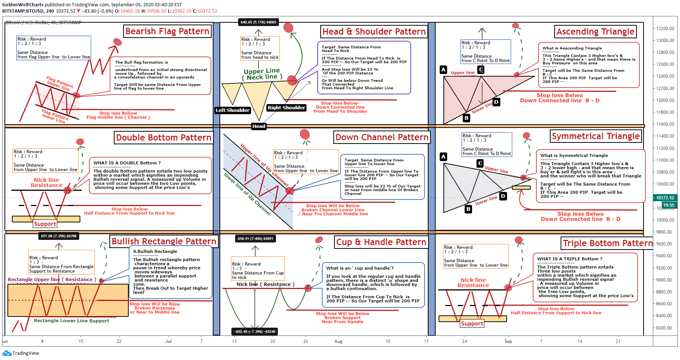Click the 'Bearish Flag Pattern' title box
[x=167, y=31]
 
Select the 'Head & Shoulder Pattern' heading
[x=374, y=32]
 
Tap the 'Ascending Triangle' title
[x=595, y=32]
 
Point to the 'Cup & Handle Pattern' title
[x=381, y=242]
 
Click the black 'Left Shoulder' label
[x=232, y=110]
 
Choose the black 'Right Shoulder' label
[x=286, y=107]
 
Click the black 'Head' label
[x=259, y=126]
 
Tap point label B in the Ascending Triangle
[x=466, y=118]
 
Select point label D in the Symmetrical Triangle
[x=503, y=196]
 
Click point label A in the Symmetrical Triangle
[x=443, y=157]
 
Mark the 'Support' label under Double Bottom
[x=45, y=224]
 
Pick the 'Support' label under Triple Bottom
[x=472, y=324]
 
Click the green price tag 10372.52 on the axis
[x=665, y=198]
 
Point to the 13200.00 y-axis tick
[x=665, y=29]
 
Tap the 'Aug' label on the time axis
[x=339, y=341]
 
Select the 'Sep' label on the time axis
[x=508, y=341]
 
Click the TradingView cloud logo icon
[x=7, y=353]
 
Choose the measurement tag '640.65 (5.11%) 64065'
[x=259, y=22]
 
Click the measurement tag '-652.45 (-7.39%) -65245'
[x=255, y=331]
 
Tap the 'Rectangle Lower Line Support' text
[x=71, y=321]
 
